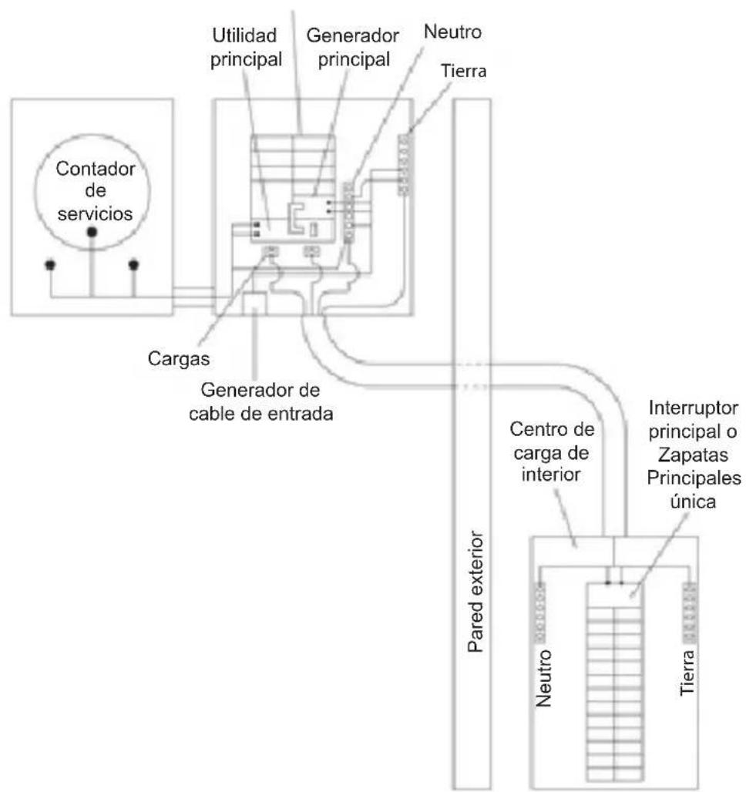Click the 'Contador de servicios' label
(x=95, y=191)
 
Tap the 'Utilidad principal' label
(x=246, y=48)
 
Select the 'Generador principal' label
(x=353, y=48)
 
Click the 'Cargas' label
(x=179, y=358)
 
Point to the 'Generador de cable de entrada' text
(x=260, y=402)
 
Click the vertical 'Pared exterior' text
(x=475, y=591)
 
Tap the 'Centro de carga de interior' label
(x=552, y=452)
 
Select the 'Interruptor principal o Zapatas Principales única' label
(x=694, y=455)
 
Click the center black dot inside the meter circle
(x=92, y=232)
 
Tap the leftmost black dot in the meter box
(x=50, y=265)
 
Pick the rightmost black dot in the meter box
(x=133, y=265)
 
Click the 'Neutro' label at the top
(x=452, y=32)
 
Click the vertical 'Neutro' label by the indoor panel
(x=543, y=678)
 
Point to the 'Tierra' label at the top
(x=463, y=71)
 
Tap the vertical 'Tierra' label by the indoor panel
(x=687, y=673)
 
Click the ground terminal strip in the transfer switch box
(x=403, y=165)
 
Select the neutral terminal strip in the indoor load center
(x=539, y=612)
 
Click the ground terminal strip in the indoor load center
(x=689, y=612)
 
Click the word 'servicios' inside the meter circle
(x=95, y=213)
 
